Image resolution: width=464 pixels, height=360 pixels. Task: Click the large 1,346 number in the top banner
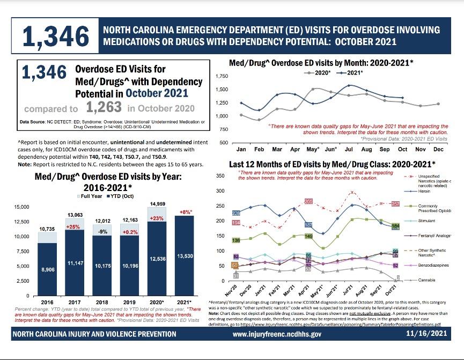56,36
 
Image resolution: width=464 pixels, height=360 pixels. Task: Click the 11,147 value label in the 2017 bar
75,263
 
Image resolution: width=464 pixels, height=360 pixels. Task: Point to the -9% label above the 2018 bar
102,232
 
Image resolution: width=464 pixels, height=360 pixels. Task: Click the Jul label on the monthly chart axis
349,149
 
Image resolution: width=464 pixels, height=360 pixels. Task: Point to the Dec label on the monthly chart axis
438,149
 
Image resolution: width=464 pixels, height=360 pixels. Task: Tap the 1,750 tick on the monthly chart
221,77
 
